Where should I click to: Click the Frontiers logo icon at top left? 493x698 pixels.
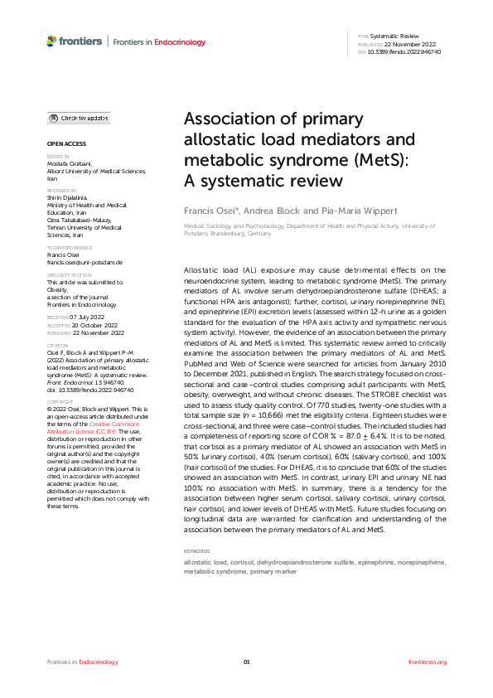(52, 41)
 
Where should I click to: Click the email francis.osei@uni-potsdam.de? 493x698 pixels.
(85, 262)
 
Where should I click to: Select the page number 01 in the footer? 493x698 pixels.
(246, 662)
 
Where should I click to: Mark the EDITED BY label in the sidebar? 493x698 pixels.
(58, 156)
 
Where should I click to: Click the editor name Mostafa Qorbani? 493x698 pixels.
(69, 163)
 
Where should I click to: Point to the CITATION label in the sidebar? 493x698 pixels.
(57, 345)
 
